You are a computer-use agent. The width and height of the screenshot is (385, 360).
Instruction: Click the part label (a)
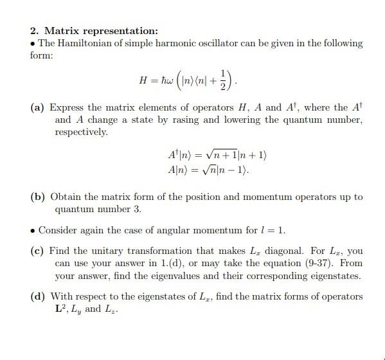37,108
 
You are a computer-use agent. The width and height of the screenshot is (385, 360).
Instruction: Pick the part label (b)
37,197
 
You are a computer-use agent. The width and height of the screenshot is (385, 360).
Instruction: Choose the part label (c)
37,251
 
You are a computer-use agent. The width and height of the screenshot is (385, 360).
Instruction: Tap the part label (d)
37,296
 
